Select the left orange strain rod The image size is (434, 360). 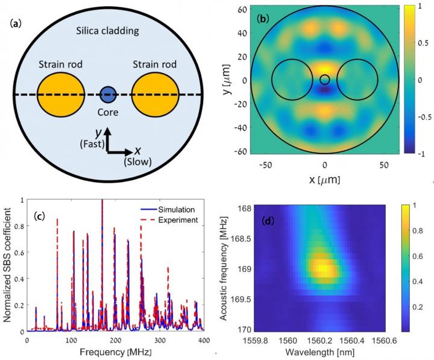[x=61, y=95]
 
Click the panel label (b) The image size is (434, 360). [x=263, y=19]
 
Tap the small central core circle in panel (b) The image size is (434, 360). [x=325, y=80]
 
